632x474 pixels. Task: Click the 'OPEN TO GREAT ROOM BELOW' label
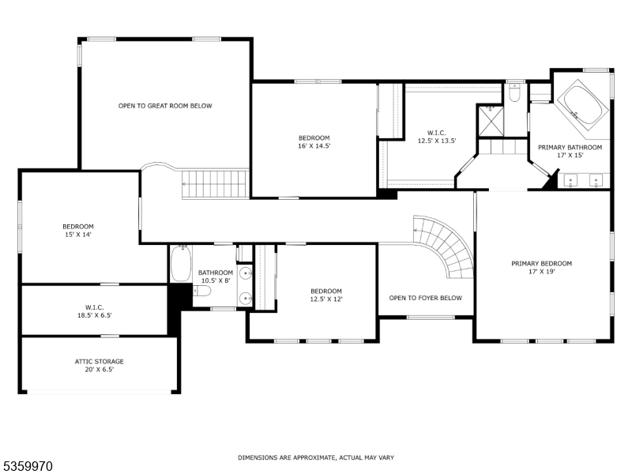(x=165, y=106)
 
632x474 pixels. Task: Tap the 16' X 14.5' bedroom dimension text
(x=314, y=146)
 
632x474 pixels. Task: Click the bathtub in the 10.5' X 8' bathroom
(x=181, y=264)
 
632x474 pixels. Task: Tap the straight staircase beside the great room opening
(x=215, y=184)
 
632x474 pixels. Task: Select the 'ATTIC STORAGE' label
(x=100, y=361)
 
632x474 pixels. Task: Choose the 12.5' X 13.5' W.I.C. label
(x=438, y=137)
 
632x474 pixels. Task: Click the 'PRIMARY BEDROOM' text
(x=541, y=264)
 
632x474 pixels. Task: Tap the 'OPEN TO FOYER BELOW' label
(x=425, y=298)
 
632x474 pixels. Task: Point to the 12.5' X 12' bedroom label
(x=325, y=295)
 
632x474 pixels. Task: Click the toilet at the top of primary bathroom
(x=514, y=94)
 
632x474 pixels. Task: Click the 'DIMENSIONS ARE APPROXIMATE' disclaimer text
(x=316, y=457)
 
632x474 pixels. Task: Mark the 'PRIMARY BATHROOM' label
(x=570, y=147)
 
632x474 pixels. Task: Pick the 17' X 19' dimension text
(x=541, y=273)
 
